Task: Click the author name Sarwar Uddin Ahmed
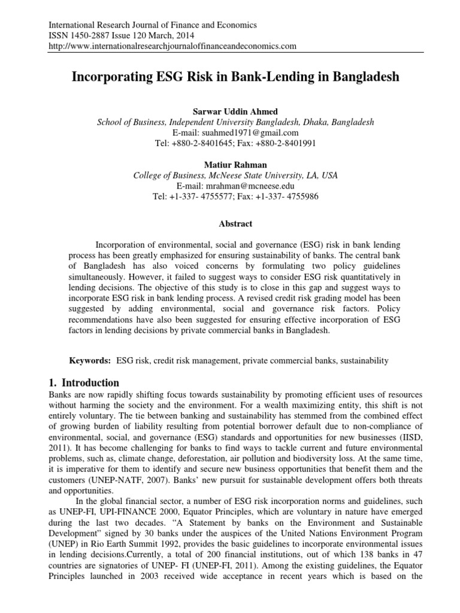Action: (235, 111)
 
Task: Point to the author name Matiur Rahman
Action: (235, 165)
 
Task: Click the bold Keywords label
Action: (90, 360)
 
